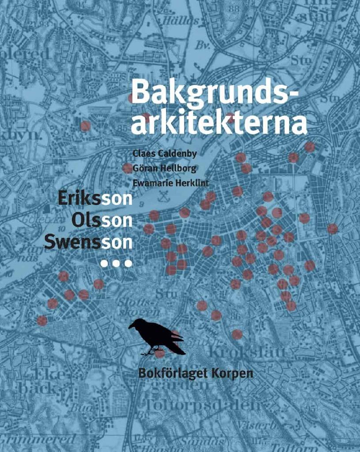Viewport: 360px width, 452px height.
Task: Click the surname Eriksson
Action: pyautogui.click(x=95, y=199)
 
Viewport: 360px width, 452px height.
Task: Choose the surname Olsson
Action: pyautogui.click(x=102, y=219)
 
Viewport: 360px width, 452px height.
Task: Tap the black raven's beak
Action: pyautogui.click(x=131, y=327)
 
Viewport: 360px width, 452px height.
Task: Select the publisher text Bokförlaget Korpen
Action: pyautogui.click(x=196, y=373)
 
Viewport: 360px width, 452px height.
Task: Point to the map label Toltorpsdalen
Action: pyautogui.click(x=201, y=405)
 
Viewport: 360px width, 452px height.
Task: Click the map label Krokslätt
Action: pyautogui.click(x=245, y=352)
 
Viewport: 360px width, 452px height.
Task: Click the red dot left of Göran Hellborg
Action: pyautogui.click(x=128, y=168)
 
